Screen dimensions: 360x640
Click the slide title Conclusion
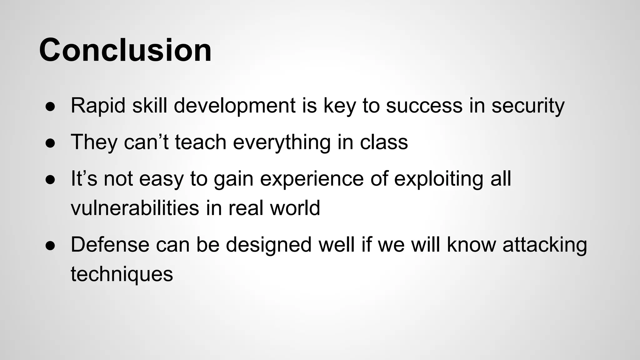(x=125, y=50)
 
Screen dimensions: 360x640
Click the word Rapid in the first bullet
(x=98, y=106)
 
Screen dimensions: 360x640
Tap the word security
(x=528, y=106)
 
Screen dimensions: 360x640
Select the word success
(x=424, y=106)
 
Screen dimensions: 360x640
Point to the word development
(x=234, y=106)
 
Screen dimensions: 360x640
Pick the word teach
(x=200, y=142)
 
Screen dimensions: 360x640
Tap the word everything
(x=282, y=142)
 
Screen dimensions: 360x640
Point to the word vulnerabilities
(x=135, y=208)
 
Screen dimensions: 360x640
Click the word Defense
(x=110, y=244)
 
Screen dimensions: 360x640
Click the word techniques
(x=122, y=274)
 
